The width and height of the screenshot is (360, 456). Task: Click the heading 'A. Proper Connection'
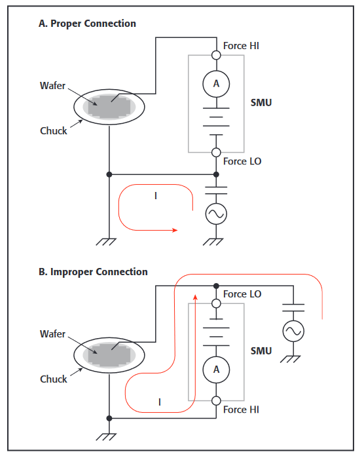(87, 24)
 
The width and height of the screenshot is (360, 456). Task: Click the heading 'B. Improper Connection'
(93, 272)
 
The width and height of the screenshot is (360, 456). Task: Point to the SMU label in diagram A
(261, 103)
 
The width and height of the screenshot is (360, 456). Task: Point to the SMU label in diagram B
(261, 351)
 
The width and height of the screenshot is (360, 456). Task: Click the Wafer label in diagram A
(52, 86)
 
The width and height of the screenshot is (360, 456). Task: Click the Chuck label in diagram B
(54, 379)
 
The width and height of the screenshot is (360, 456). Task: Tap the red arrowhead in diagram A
(175, 231)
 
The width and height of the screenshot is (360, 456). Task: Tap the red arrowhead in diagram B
(195, 297)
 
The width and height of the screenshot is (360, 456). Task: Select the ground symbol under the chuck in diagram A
(106, 242)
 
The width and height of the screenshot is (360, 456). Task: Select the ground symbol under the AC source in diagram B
(290, 359)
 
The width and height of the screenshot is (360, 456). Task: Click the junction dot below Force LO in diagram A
(216, 174)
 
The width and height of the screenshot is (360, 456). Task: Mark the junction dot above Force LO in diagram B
(216, 286)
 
